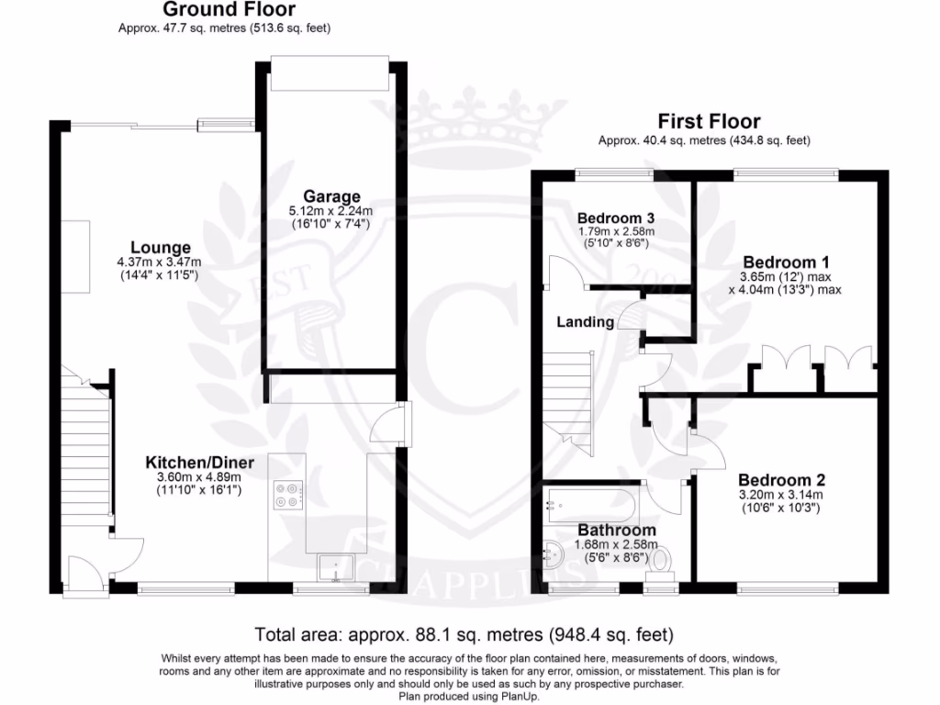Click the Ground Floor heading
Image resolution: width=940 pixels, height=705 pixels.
(229, 10)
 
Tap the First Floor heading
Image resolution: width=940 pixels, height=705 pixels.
(709, 121)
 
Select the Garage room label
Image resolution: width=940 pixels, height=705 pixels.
(331, 196)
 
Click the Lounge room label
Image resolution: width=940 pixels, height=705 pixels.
(161, 248)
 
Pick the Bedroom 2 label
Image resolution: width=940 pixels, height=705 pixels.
(781, 480)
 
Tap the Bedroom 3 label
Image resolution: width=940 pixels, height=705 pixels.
(615, 218)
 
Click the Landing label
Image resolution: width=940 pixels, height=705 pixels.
(585, 322)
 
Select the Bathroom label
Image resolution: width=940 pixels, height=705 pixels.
(616, 530)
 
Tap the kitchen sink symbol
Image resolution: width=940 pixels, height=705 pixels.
(336, 568)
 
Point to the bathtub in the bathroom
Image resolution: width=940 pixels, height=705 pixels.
(589, 503)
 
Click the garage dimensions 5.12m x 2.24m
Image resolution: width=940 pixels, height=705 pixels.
(331, 211)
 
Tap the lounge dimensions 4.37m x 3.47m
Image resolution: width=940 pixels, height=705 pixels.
(161, 263)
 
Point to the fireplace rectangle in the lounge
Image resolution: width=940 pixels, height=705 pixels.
(80, 257)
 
